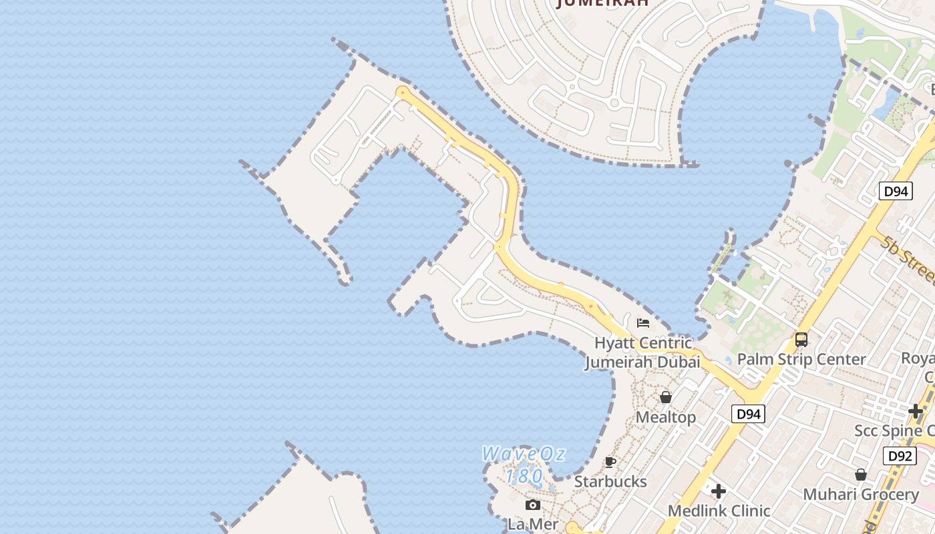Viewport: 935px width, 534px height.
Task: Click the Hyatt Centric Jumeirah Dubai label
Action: [x=642, y=352]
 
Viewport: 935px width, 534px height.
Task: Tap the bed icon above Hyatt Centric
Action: [x=643, y=323]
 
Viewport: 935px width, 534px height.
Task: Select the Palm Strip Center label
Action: [x=801, y=359]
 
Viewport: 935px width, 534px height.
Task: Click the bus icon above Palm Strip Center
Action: [x=801, y=340]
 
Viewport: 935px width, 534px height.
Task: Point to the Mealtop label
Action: [x=666, y=417]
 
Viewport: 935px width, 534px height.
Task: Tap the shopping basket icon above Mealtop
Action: [x=666, y=398]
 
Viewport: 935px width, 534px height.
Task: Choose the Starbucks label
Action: [x=610, y=481]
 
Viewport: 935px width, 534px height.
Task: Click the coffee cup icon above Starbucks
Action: [x=610, y=462]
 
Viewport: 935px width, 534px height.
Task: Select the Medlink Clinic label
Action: [x=719, y=511]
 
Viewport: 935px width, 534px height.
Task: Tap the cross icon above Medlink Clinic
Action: [x=719, y=492]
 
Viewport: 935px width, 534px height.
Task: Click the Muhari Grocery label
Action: [x=861, y=495]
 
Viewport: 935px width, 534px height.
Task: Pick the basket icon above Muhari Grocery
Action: [x=861, y=475]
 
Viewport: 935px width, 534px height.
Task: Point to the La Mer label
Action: [x=533, y=524]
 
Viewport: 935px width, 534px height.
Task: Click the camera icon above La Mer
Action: [x=533, y=505]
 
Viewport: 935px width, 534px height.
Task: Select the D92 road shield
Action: [x=899, y=456]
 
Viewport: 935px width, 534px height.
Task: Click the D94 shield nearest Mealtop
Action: [x=748, y=414]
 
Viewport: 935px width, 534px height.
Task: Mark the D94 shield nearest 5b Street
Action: [x=896, y=192]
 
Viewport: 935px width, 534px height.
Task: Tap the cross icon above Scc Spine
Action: [x=916, y=411]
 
